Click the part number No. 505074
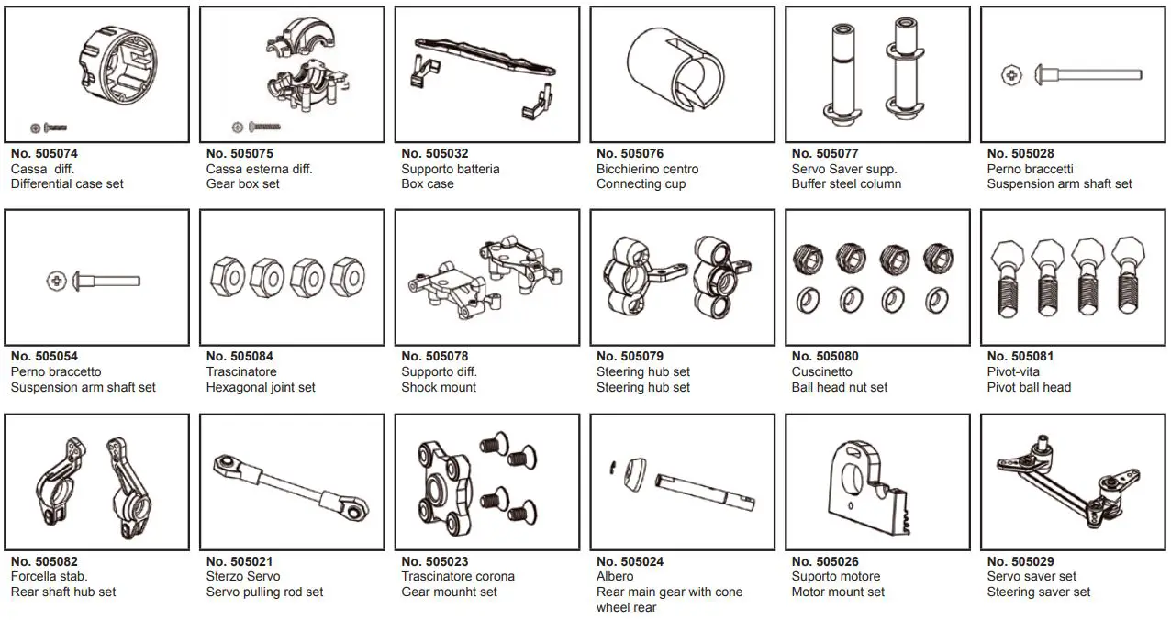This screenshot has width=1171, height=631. (44, 154)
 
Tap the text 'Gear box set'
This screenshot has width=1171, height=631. (242, 184)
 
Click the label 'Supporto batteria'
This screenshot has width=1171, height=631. (450, 170)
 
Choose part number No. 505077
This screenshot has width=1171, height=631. (825, 154)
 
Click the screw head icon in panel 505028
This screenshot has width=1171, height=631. (1010, 75)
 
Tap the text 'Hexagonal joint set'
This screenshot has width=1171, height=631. (261, 388)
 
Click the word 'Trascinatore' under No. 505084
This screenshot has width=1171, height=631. (241, 372)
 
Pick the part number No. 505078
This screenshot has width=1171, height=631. (435, 357)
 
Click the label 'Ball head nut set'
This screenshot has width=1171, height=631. (840, 388)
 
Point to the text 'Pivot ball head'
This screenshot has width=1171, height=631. (1029, 388)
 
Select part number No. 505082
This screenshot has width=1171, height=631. (44, 561)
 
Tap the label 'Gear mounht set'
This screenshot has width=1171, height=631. (449, 592)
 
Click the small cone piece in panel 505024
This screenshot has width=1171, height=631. (631, 472)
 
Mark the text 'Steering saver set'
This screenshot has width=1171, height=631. (1039, 592)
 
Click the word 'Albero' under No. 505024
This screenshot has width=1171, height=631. (615, 577)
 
